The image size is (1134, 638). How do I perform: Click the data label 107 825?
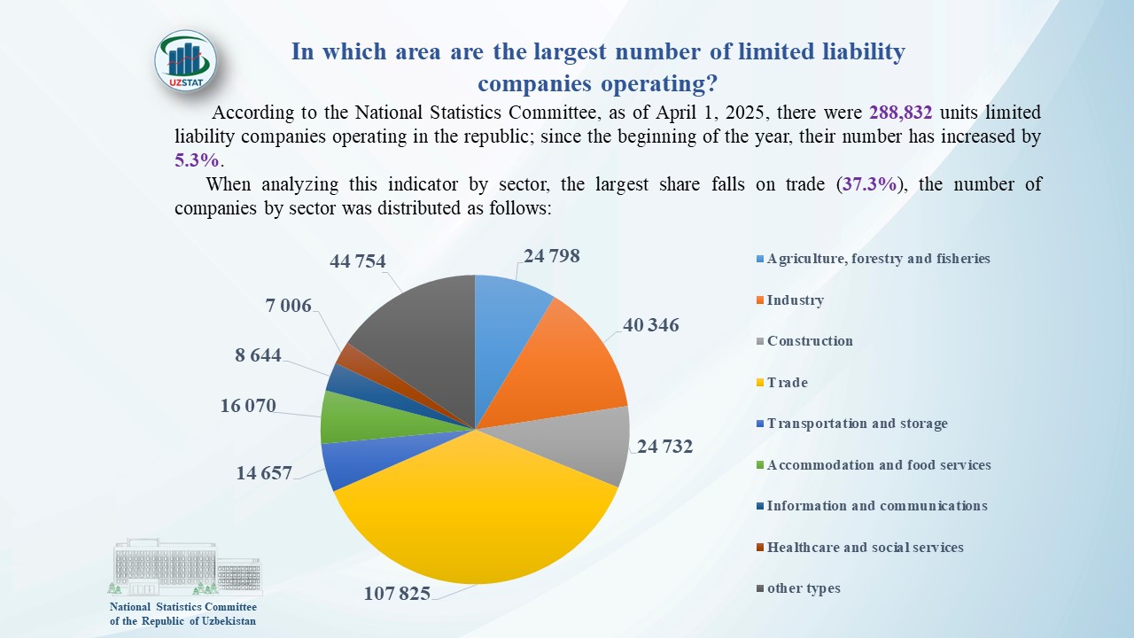pos(397,593)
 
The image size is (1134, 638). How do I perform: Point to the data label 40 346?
pos(651,325)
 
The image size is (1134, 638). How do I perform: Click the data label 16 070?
pos(248,406)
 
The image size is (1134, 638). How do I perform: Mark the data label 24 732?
pos(664,447)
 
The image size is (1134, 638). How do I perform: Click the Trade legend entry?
pos(787,383)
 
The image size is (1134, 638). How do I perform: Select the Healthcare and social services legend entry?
pos(864,548)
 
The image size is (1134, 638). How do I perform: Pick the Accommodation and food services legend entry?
pos(878,465)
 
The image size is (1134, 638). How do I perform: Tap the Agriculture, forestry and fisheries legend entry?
pos(877,259)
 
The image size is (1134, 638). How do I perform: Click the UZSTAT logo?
pos(185,62)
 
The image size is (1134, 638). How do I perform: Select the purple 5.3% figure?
pos(196,160)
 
